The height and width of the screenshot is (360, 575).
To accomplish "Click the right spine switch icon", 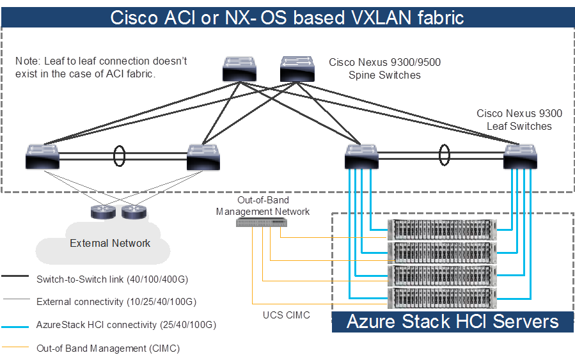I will [297, 68].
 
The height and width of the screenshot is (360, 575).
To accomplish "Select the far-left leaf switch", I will [42, 157].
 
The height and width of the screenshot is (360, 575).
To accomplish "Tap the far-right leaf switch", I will [520, 157].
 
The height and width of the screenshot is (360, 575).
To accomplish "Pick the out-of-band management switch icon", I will [262, 222].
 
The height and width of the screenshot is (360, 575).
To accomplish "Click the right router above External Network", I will [133, 212].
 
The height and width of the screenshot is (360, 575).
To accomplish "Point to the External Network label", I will [110, 243].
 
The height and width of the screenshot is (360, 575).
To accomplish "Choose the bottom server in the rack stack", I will [442, 299].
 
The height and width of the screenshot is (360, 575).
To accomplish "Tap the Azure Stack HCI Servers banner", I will [452, 321].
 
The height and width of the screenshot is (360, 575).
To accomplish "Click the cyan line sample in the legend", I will [15, 326].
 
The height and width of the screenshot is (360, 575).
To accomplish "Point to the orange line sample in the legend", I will [15, 348].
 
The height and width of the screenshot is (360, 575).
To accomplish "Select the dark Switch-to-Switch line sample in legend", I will [15, 279].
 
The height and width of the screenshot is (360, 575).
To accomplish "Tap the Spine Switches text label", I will [384, 75].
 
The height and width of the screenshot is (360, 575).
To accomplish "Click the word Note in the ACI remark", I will [26, 61].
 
